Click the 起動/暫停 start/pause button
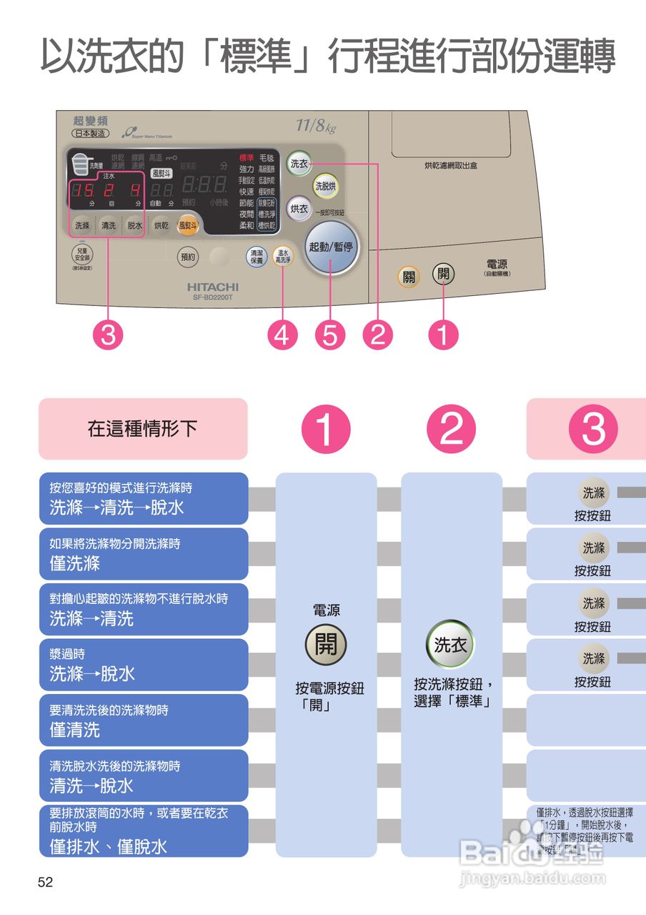tap(331, 247)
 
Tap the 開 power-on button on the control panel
tap(443, 274)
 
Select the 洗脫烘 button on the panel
tap(325, 186)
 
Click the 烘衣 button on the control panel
tap(299, 209)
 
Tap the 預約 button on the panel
tap(187, 256)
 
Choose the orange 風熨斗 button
tap(188, 224)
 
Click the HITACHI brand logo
tap(213, 286)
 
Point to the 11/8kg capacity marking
tap(315, 127)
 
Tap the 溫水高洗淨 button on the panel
tap(283, 257)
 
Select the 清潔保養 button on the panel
tap(256, 257)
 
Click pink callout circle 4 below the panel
tap(282, 335)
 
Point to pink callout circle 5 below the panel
tap(329, 335)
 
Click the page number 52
tap(46, 883)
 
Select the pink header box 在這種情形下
tap(143, 429)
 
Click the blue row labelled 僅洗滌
tap(144, 554)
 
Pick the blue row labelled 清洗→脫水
tap(144, 776)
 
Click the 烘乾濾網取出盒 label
tap(450, 165)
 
